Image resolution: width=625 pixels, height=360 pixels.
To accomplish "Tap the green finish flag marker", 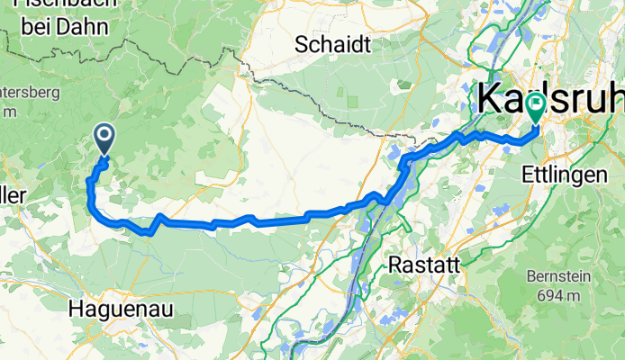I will click(x=536, y=107).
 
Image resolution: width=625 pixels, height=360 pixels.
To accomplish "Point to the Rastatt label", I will click(x=424, y=265).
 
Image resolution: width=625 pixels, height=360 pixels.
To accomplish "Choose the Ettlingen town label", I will click(x=564, y=175).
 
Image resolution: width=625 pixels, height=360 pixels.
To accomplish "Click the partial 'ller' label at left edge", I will click(x=13, y=195).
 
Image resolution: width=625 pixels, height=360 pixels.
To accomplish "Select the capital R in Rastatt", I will click(x=394, y=265).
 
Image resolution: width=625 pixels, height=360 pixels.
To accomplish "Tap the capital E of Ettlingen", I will click(x=526, y=175).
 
